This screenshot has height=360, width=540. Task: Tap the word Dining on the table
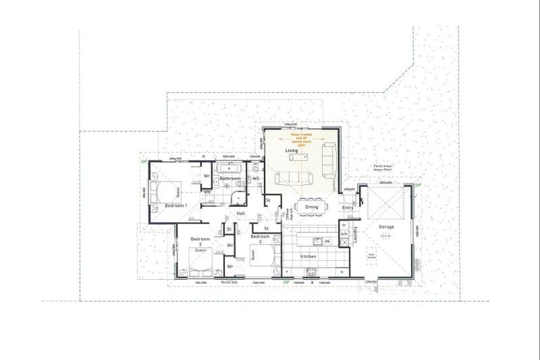point(311,207)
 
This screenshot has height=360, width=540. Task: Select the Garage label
point(386,228)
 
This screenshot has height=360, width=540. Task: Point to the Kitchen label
point(309,257)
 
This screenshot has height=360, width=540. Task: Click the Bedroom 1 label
point(175,205)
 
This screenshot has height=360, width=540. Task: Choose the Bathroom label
point(231,179)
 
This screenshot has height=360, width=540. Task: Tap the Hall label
point(240,213)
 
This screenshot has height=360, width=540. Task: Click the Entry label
point(347,207)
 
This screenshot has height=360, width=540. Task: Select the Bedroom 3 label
point(260,237)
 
